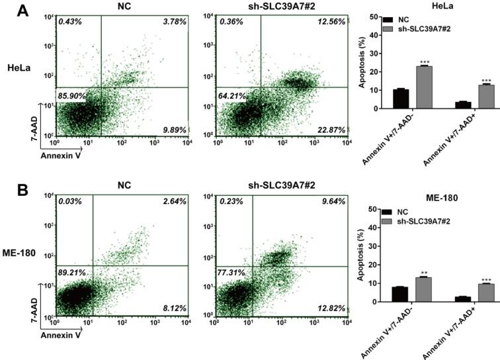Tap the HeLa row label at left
point(20,68)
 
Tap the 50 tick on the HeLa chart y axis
point(373,16)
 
